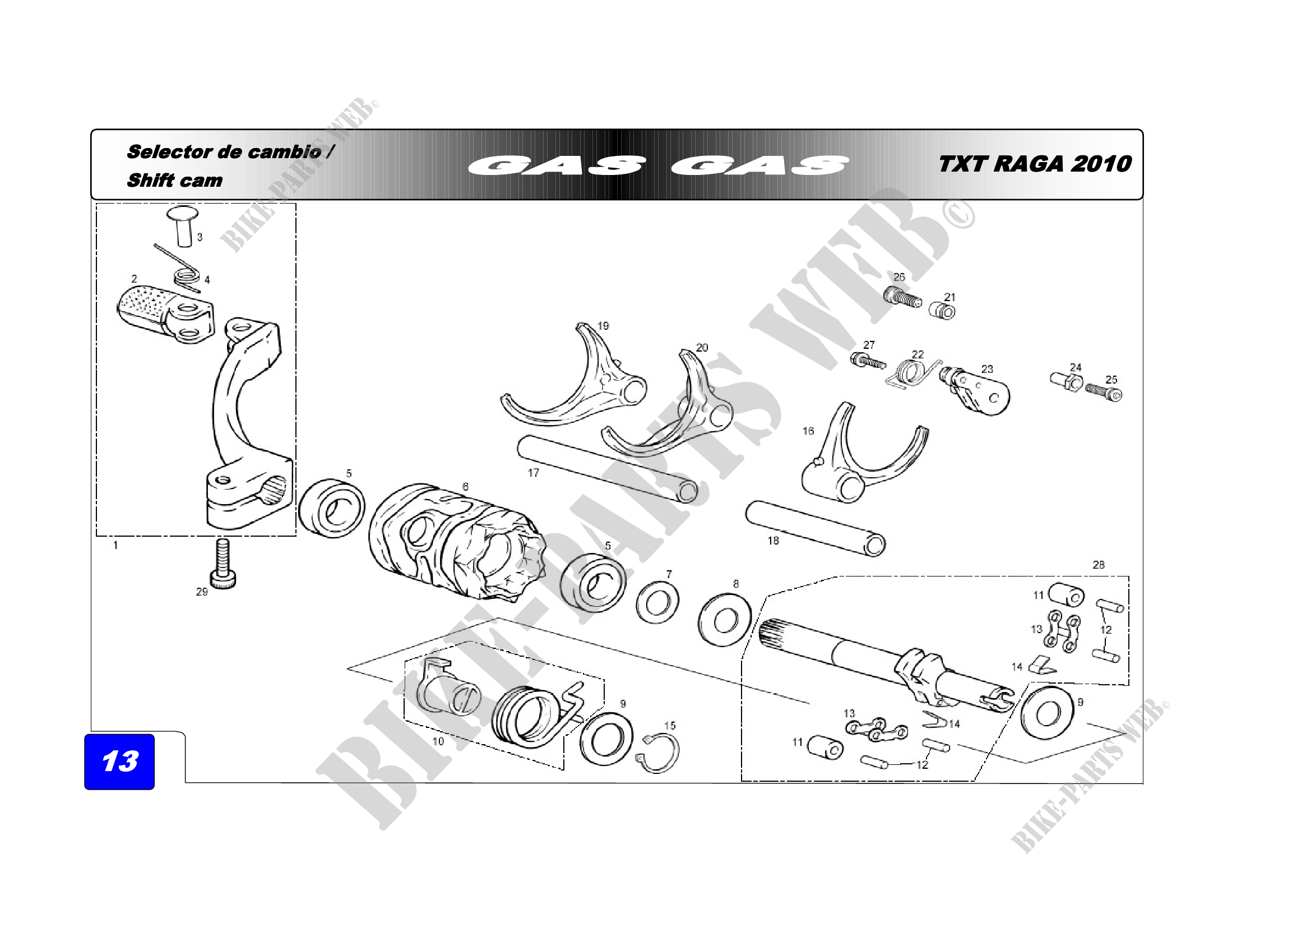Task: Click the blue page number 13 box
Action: pos(119,762)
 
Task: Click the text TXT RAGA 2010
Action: pos(1034,164)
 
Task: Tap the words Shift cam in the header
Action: pos(174,181)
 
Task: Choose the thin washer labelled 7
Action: pos(657,603)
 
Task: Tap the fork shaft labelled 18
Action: pos(816,528)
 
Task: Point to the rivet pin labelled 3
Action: pos(183,227)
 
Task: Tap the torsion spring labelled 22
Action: pos(910,374)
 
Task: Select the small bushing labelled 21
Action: pos(942,311)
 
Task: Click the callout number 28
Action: pos(1098,565)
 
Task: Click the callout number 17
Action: pos(532,472)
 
